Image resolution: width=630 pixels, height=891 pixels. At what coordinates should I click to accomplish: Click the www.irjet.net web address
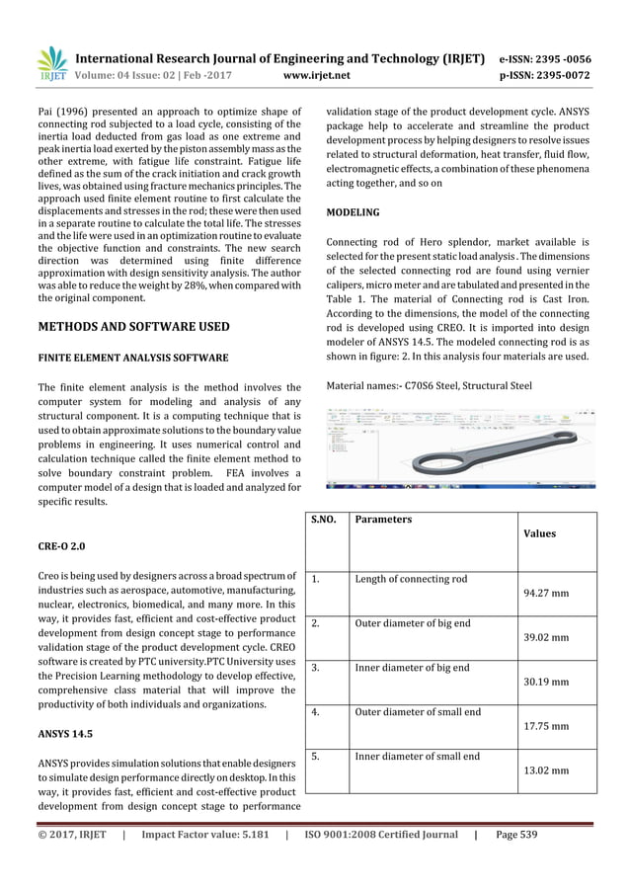[314, 73]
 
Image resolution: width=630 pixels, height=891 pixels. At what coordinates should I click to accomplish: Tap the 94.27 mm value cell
[545, 595]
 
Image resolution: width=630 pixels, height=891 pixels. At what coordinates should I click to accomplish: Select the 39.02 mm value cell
[545, 638]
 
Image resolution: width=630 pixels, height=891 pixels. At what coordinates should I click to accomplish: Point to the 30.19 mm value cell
[545, 683]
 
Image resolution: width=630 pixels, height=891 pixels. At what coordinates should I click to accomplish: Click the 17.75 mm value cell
[545, 726]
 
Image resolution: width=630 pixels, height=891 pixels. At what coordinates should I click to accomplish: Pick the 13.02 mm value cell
[545, 770]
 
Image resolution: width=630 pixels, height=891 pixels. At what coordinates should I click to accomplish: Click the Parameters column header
[383, 520]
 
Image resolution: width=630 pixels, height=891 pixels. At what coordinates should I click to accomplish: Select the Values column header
[538, 533]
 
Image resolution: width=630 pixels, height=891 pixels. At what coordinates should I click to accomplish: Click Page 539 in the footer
[515, 835]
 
